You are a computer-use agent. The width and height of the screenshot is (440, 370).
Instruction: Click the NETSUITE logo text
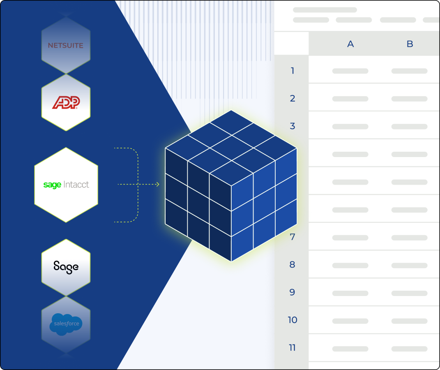[x=66, y=46]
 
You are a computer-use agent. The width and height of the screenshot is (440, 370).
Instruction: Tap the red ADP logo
[x=66, y=102]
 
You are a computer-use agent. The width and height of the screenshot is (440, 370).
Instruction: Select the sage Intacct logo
[x=66, y=185]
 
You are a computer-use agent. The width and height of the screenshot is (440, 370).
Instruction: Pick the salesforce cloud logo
[x=66, y=324]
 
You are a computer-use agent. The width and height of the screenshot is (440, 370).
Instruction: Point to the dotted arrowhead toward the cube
[x=157, y=185]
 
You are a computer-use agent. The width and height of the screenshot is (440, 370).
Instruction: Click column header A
[x=350, y=44]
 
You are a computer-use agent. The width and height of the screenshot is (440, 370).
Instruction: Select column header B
[x=410, y=44]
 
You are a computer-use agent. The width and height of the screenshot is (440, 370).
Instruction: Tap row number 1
[x=293, y=71]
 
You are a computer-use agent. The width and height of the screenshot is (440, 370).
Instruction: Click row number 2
[x=293, y=98]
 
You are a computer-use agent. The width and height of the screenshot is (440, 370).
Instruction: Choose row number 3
[x=293, y=126]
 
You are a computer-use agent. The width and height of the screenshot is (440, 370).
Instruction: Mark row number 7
[x=293, y=237]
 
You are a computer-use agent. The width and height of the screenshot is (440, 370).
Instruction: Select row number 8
[x=293, y=265]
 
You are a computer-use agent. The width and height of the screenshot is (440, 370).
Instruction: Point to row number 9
[x=293, y=292]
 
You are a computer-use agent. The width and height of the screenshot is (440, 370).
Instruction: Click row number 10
[x=293, y=320]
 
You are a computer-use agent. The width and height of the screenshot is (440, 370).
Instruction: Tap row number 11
[x=293, y=348]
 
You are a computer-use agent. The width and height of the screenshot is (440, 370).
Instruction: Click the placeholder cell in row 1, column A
[x=350, y=71]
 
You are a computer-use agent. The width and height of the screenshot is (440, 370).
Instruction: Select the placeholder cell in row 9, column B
[x=410, y=293]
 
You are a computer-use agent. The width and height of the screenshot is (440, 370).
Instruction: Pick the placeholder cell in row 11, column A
[x=350, y=348]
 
